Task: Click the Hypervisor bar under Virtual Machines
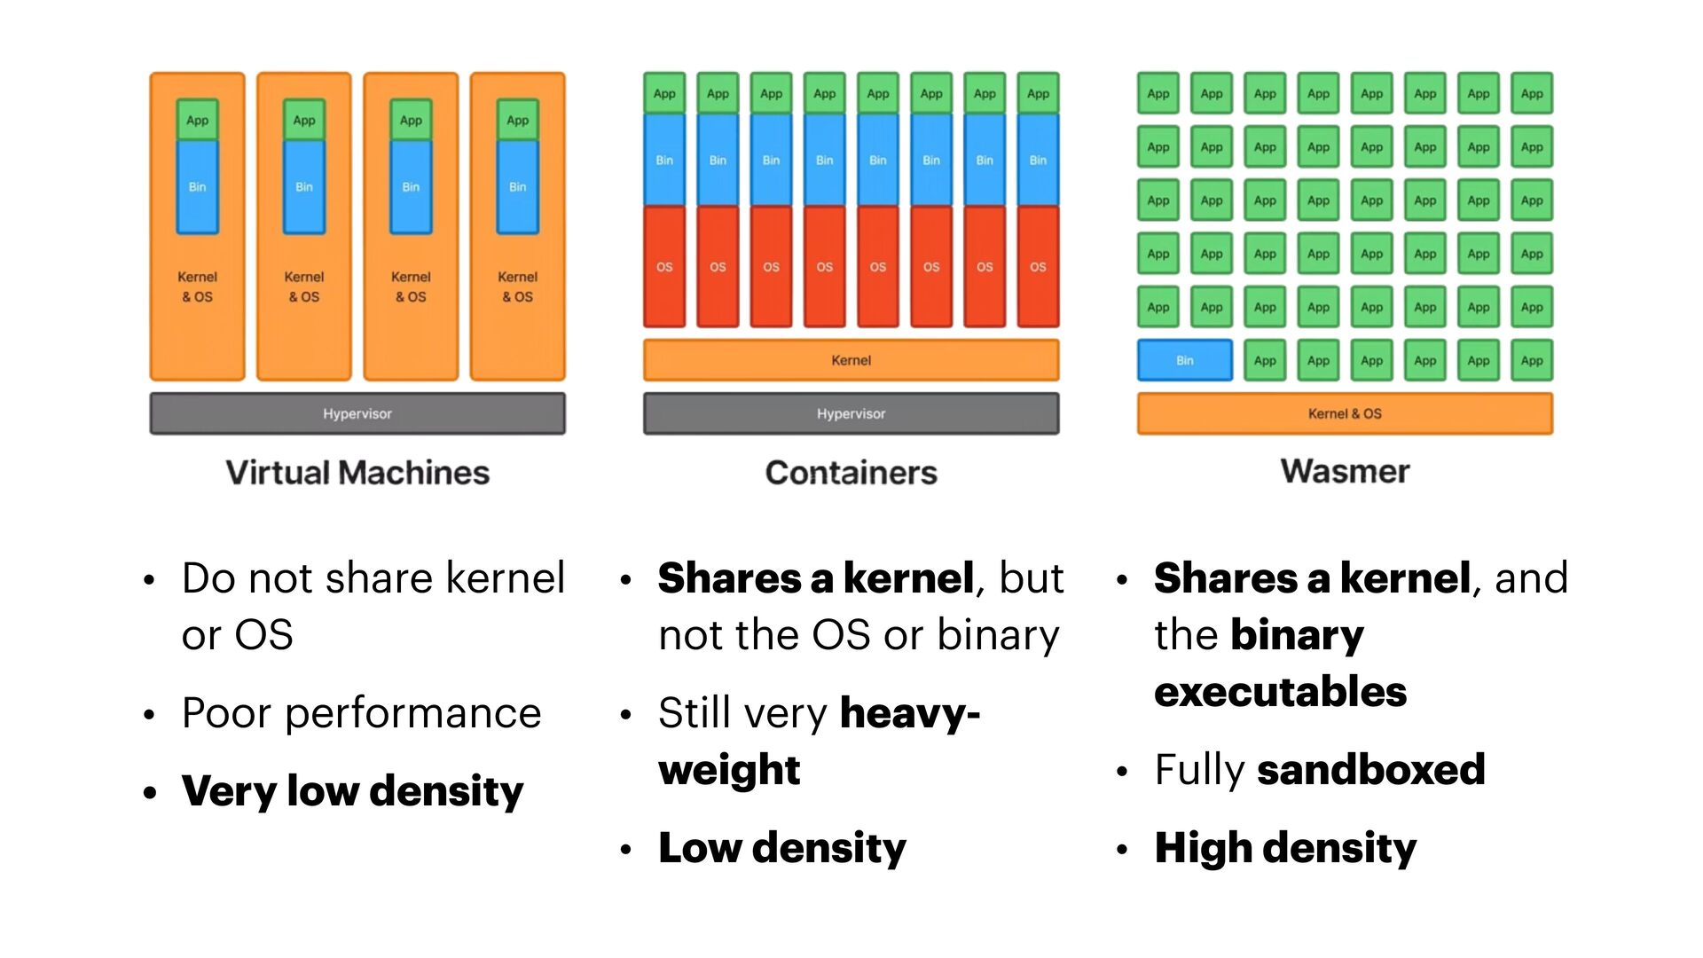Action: (357, 413)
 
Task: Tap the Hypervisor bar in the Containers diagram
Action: (851, 413)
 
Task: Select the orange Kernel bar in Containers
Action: (851, 360)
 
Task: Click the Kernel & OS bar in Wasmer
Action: (1345, 413)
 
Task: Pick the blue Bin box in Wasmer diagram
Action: (1184, 360)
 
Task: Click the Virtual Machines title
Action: (357, 472)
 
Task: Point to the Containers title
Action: (851, 472)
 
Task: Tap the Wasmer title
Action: (1345, 470)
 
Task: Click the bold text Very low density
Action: (352, 790)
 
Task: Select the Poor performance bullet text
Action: (361, 712)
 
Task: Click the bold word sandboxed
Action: (1370, 769)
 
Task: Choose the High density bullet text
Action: (1285, 847)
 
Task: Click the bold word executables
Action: (1280, 691)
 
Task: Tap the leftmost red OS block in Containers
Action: (664, 266)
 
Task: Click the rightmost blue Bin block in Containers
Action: (1038, 161)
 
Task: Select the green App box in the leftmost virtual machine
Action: (197, 120)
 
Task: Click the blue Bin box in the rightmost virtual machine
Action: (517, 187)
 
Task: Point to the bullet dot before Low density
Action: (625, 849)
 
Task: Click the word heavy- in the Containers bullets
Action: (909, 712)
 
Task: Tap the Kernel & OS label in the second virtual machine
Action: (303, 287)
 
